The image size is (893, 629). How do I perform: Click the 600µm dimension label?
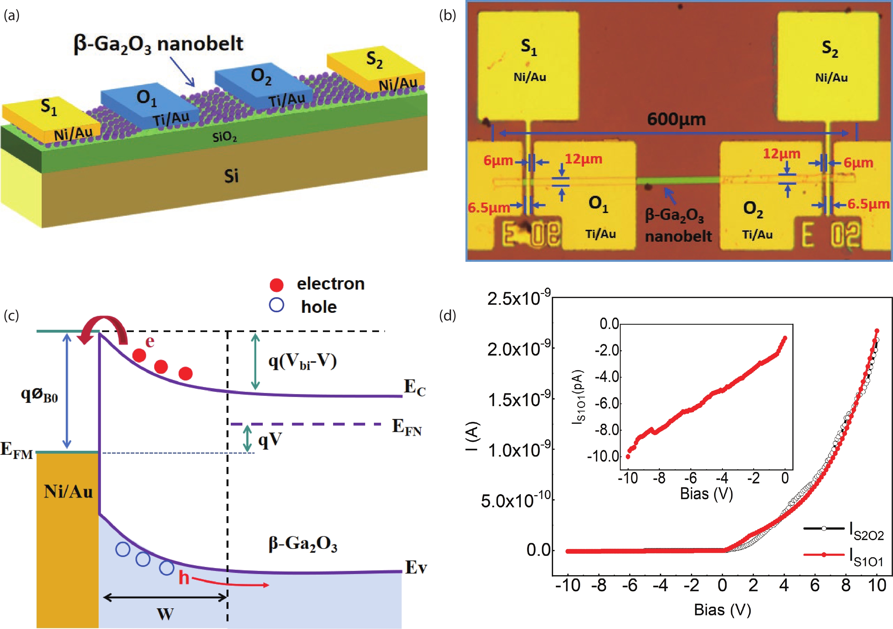pyautogui.click(x=676, y=119)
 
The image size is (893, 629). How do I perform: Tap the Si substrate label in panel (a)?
pyautogui.click(x=231, y=176)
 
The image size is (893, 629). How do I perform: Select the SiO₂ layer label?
pyautogui.click(x=225, y=137)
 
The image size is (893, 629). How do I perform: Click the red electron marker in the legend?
pyautogui.click(x=276, y=285)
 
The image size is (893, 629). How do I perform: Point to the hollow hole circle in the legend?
pyautogui.click(x=276, y=305)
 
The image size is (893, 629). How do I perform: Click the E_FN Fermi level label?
pyautogui.click(x=407, y=427)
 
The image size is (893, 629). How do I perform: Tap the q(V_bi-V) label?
pyautogui.click(x=302, y=362)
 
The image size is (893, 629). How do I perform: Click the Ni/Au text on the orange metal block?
pyautogui.click(x=68, y=492)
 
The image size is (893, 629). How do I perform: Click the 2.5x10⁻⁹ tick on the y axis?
pyautogui.click(x=519, y=299)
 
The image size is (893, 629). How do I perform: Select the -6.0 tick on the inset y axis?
pyautogui.click(x=603, y=403)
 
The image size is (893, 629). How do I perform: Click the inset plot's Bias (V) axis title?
pyautogui.click(x=706, y=494)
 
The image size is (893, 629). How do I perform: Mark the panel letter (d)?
pyautogui.click(x=447, y=315)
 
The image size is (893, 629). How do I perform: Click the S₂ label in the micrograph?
pyautogui.click(x=830, y=49)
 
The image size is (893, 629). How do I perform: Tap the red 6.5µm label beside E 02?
pyautogui.click(x=868, y=204)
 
